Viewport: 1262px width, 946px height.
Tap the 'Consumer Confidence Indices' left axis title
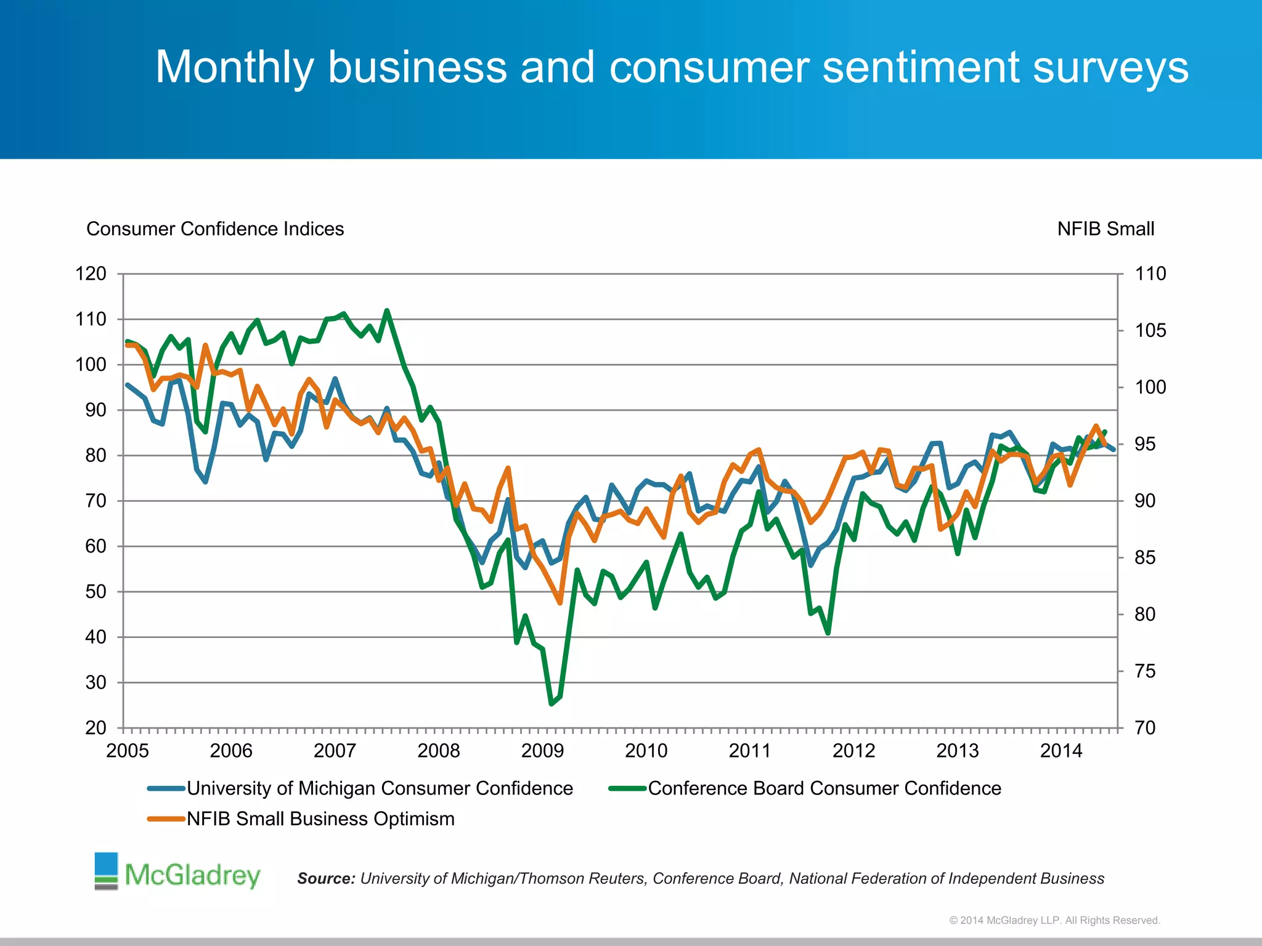(x=215, y=228)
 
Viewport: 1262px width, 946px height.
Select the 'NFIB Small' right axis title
(x=1105, y=228)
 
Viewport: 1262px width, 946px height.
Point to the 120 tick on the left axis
(x=91, y=273)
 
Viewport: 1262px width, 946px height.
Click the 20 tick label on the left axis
(x=96, y=727)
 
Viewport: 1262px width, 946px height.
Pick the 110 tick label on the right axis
(x=1150, y=273)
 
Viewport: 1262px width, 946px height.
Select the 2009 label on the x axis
(x=542, y=750)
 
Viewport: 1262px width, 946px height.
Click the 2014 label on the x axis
(x=1061, y=750)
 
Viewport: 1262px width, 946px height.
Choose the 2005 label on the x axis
(x=128, y=750)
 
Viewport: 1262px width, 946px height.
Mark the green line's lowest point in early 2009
(x=552, y=703)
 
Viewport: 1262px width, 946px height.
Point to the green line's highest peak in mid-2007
(x=387, y=310)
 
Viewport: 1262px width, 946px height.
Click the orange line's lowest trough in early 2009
(x=560, y=603)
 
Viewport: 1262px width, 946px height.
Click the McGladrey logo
(x=177, y=872)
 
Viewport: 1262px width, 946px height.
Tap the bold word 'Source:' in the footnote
(x=326, y=878)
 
